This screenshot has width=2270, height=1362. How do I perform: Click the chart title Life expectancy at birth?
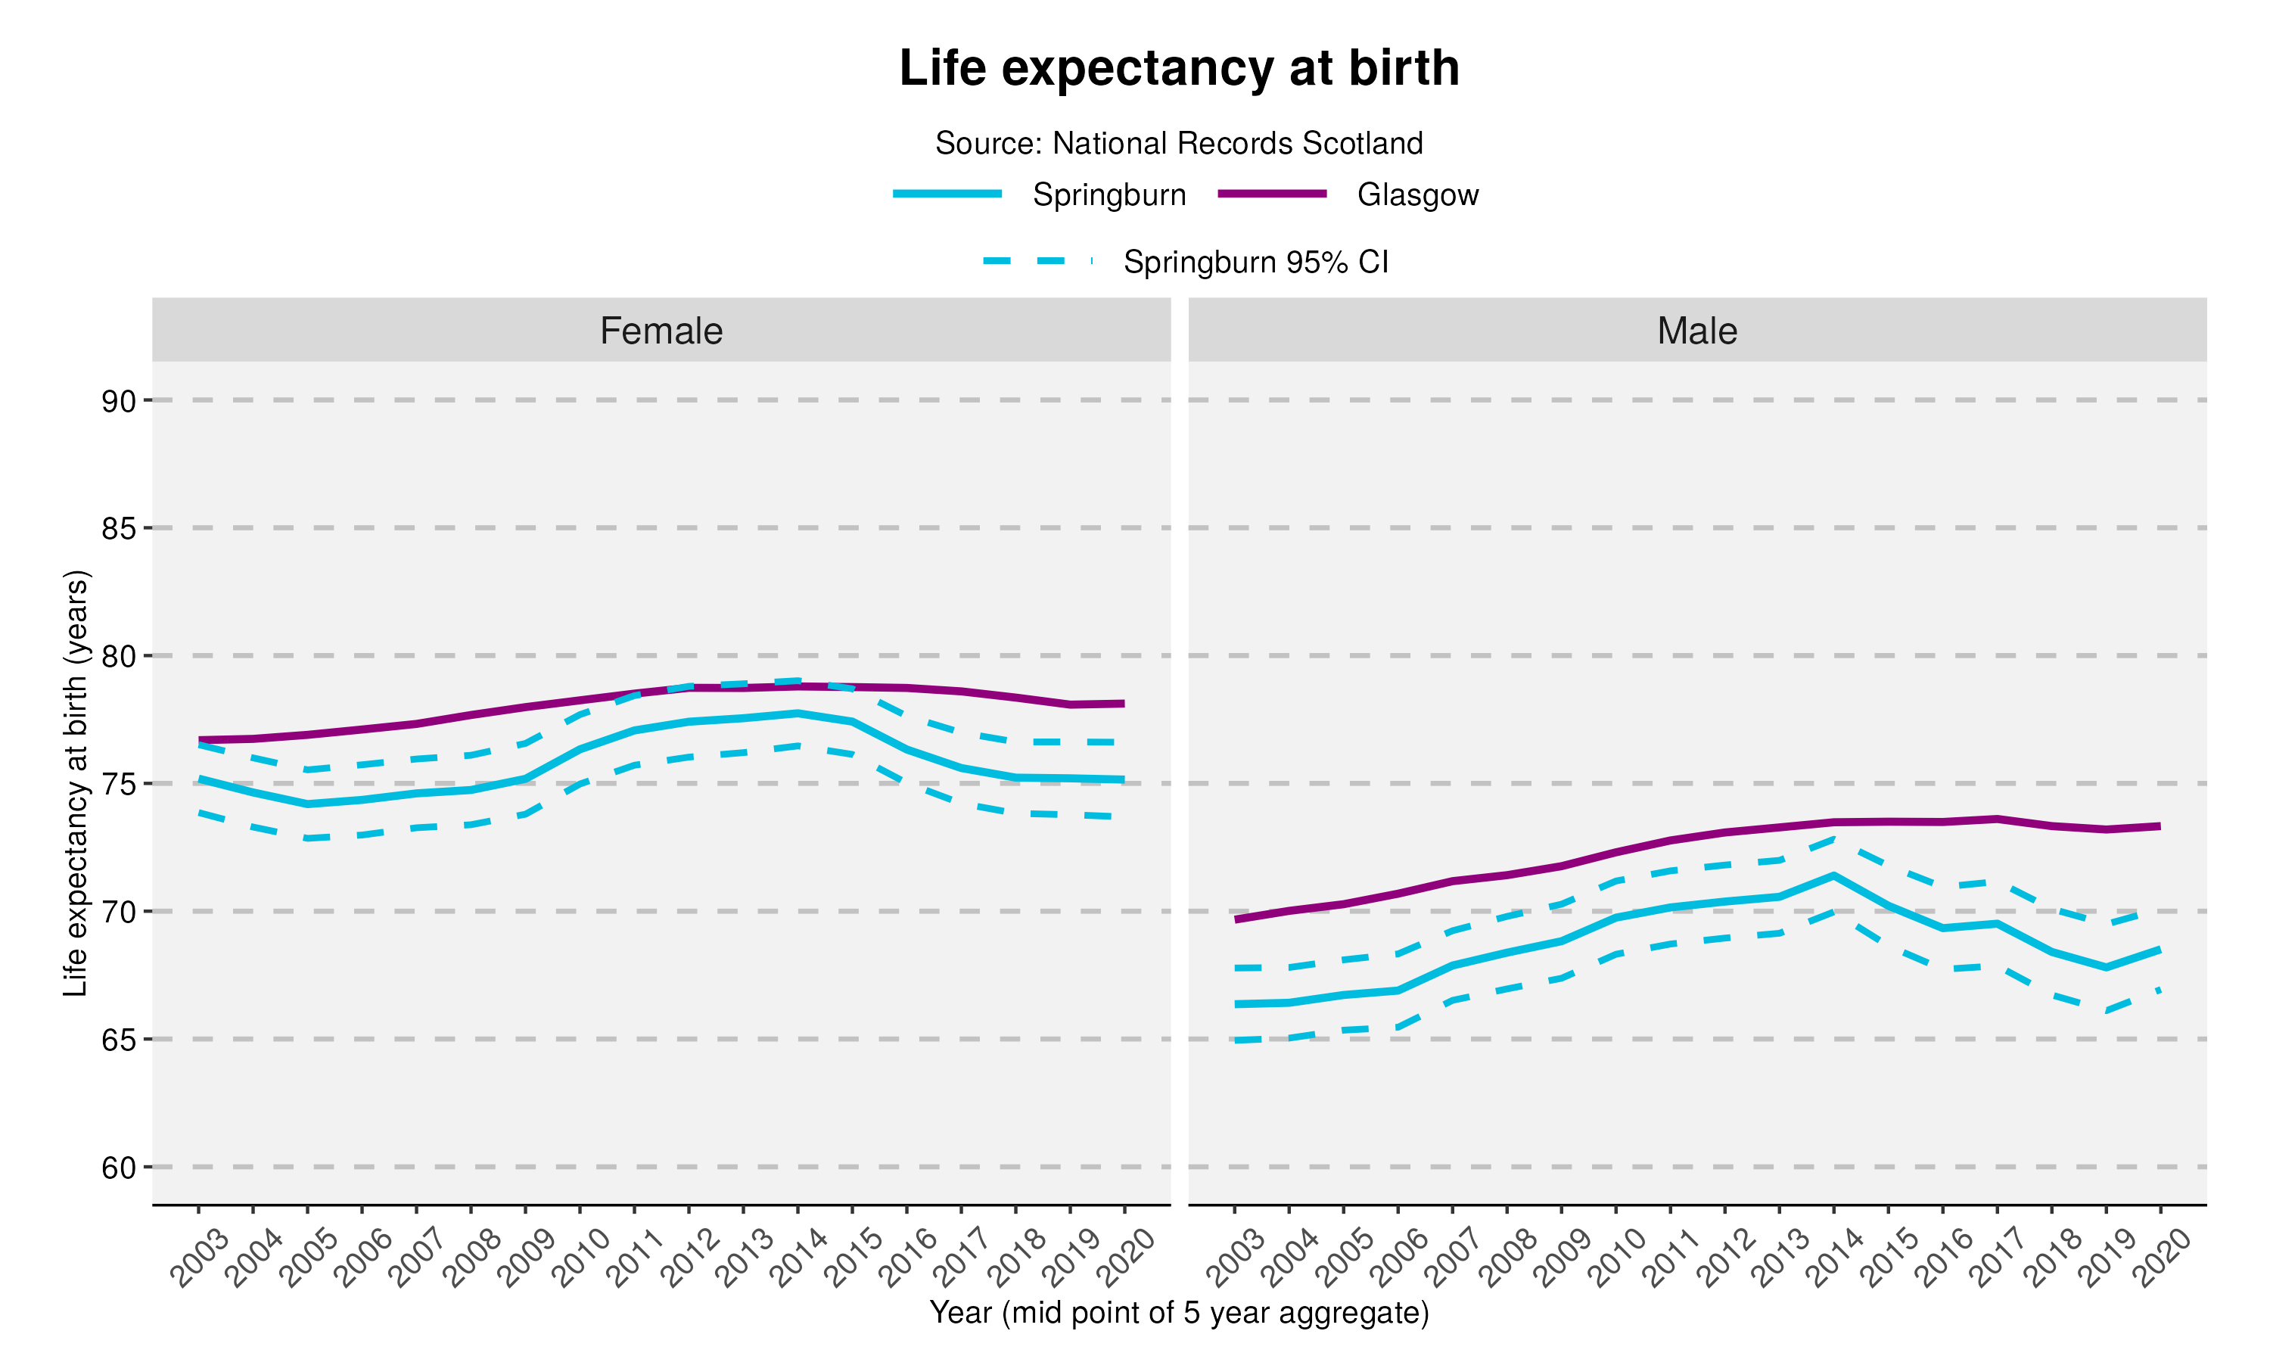(x=1178, y=68)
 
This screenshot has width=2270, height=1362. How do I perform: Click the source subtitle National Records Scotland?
(x=1178, y=143)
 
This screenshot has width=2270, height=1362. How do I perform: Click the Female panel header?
(x=661, y=331)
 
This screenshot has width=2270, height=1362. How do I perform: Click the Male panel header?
(x=1696, y=331)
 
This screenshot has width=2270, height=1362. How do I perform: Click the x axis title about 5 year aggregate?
(x=1178, y=1313)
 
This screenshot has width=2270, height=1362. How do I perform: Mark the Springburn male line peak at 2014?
(x=1833, y=875)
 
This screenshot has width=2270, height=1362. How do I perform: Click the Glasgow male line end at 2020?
(x=2160, y=826)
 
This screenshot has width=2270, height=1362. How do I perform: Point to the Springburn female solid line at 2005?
(x=307, y=804)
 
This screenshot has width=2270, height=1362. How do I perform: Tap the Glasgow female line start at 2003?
(x=199, y=740)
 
